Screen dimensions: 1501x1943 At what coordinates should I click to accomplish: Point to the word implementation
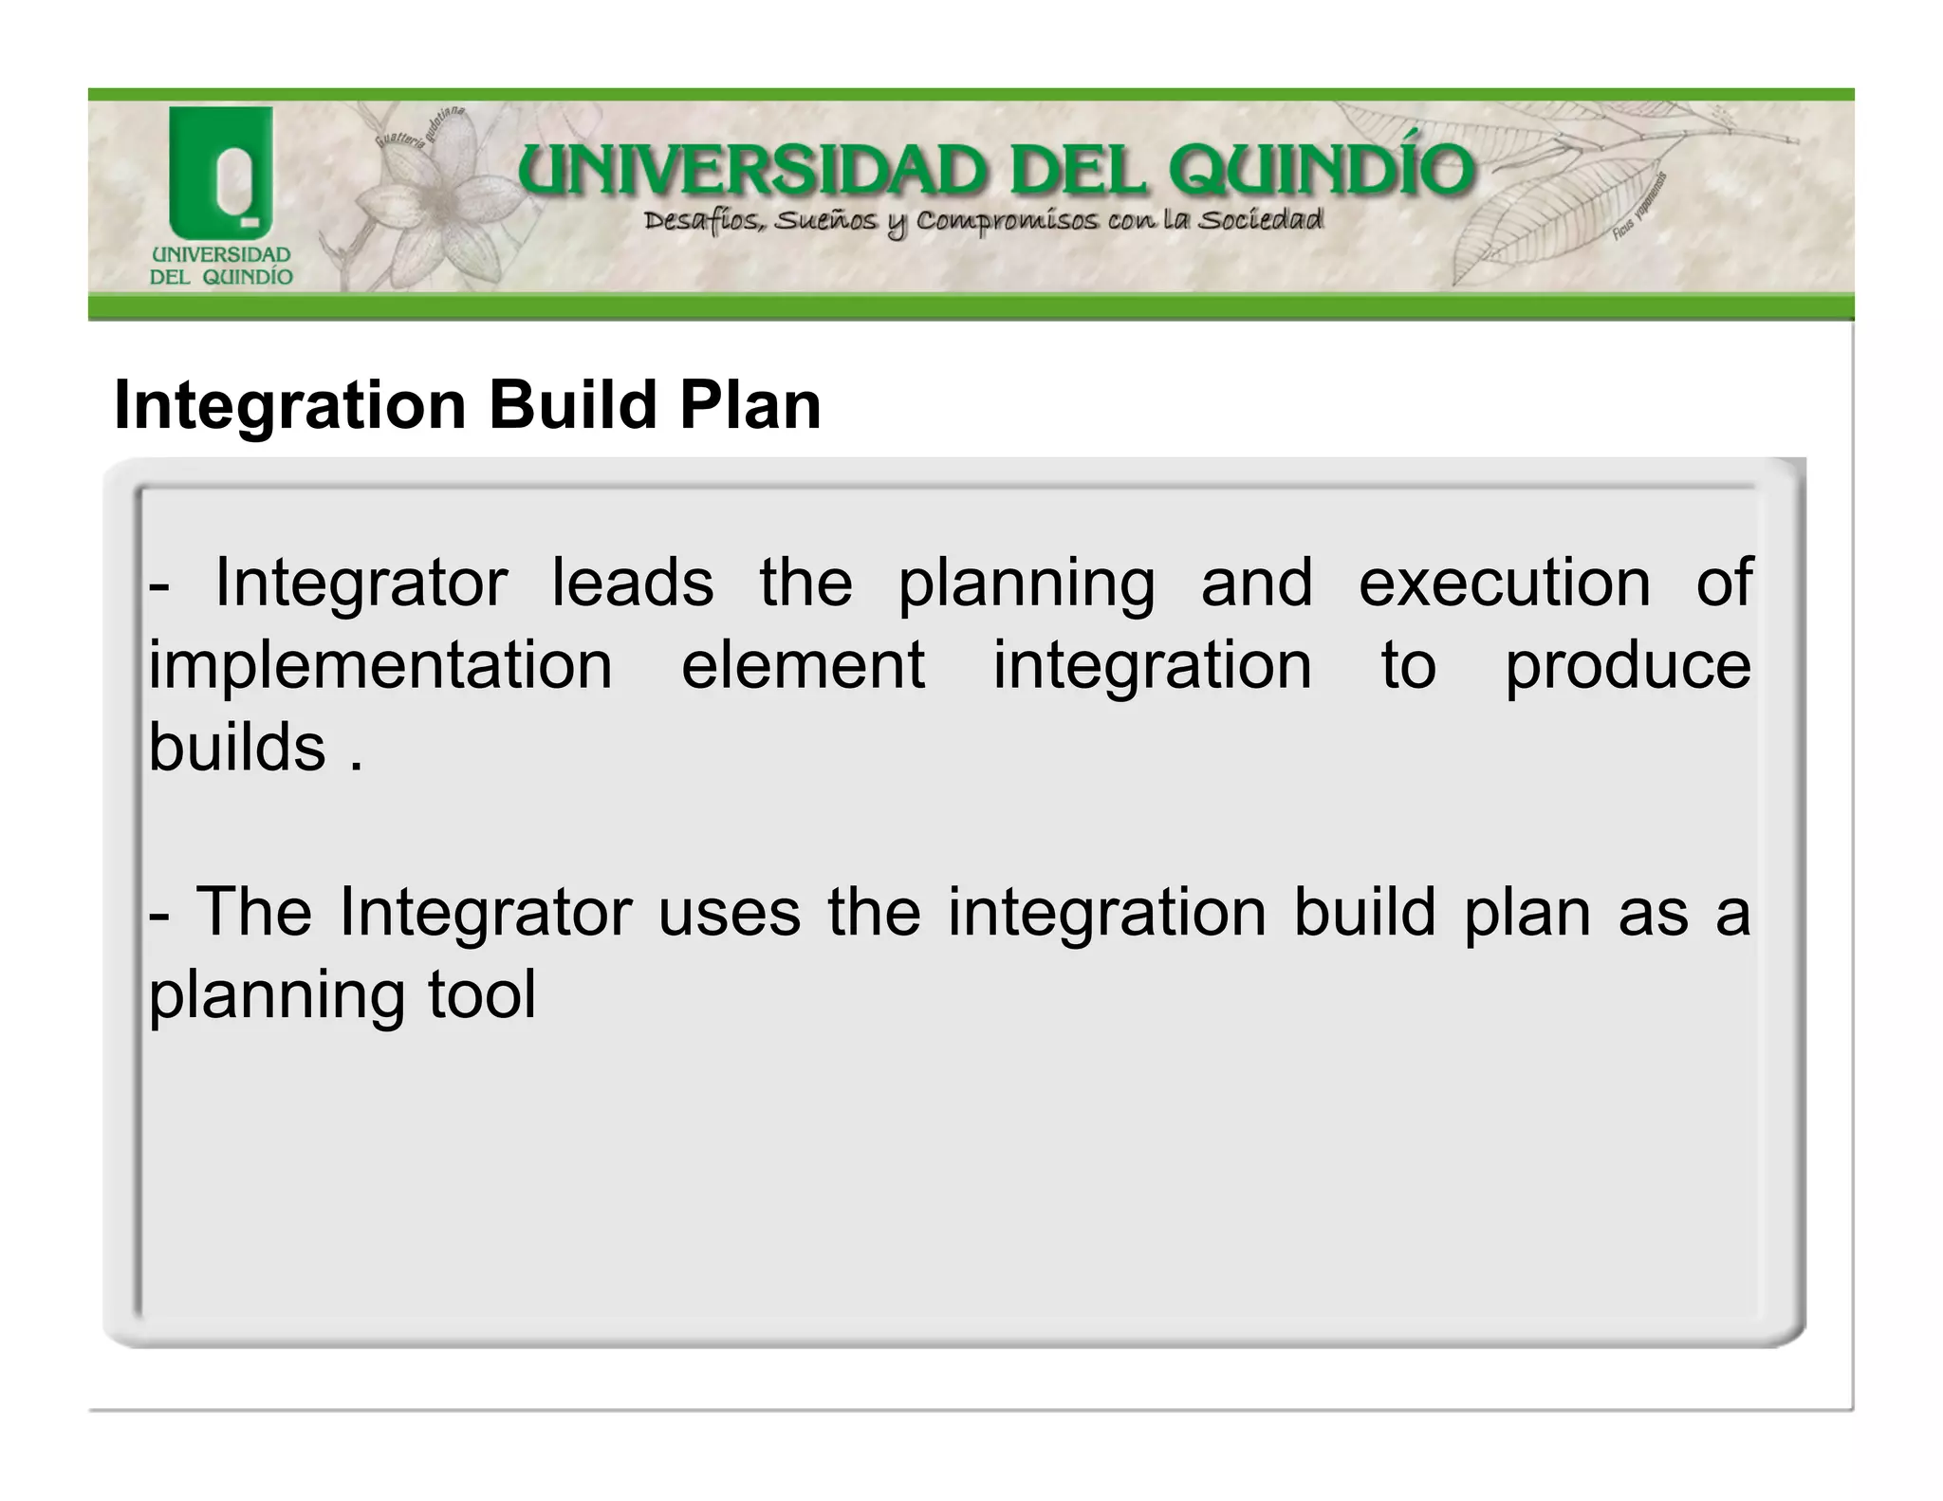pos(380,666)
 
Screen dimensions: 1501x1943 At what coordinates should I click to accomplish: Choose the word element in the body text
pos(803,666)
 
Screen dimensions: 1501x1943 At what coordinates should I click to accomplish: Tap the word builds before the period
pos(237,748)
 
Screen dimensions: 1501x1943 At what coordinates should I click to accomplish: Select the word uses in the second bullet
pos(729,913)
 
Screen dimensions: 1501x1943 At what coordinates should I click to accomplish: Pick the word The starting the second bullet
pos(253,913)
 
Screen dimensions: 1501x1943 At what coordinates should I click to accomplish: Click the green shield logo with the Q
pos(221,172)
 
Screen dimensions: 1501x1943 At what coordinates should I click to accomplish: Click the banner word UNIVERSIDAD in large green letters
pos(752,173)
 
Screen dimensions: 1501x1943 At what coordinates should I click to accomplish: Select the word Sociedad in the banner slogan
pos(1260,221)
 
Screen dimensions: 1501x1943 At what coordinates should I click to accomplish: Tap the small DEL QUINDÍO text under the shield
pos(221,277)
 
